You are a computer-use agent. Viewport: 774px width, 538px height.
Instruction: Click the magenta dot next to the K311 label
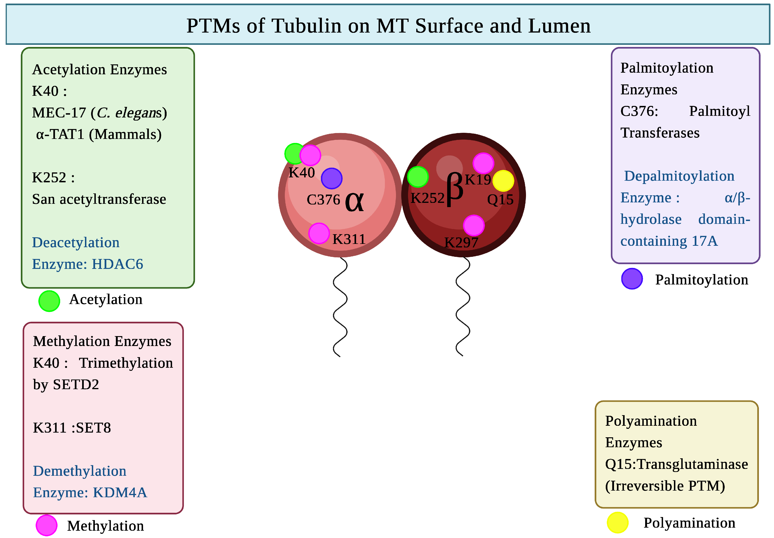[x=319, y=233]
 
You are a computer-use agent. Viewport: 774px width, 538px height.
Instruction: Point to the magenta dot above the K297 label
[x=474, y=225]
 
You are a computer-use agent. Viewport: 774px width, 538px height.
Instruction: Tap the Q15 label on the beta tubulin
[x=500, y=200]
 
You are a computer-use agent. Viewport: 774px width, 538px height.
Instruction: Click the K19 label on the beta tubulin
[x=478, y=179]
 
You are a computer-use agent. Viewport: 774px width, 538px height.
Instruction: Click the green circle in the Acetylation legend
[x=49, y=301]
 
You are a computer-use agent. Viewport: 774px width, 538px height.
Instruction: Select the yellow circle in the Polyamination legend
[x=618, y=522]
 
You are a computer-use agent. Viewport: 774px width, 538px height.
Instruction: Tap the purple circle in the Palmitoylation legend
[x=632, y=279]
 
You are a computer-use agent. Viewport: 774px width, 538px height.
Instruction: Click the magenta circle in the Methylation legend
[x=46, y=525]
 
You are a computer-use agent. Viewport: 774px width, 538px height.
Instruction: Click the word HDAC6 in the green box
[x=117, y=264]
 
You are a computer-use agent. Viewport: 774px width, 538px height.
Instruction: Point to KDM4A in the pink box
[x=120, y=492]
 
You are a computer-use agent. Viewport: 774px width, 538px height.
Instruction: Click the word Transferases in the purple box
[x=660, y=133]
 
